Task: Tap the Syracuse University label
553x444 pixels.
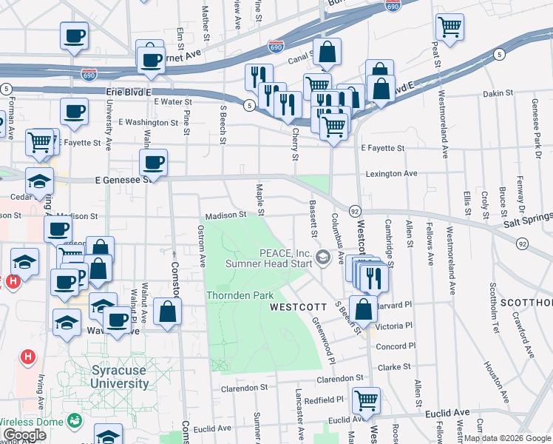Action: point(119,377)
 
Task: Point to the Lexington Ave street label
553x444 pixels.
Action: point(391,173)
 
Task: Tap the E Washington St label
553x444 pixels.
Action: point(148,122)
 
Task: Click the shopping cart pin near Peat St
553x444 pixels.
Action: point(449,28)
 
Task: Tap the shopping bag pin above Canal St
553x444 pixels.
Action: point(326,53)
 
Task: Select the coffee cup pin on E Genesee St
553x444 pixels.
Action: point(153,162)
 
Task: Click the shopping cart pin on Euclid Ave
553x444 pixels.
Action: point(365,400)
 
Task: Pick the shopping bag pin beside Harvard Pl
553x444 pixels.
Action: point(363,309)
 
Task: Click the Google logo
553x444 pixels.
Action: point(24,435)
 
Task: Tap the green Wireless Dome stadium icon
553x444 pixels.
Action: point(74,421)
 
